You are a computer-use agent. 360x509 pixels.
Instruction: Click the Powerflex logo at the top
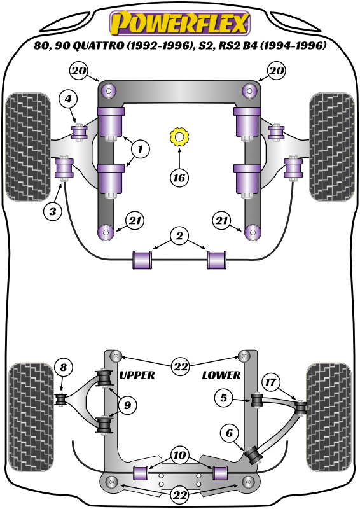click(180, 24)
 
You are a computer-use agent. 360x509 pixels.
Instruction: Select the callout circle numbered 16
click(179, 178)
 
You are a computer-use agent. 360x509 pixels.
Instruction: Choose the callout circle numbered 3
click(53, 211)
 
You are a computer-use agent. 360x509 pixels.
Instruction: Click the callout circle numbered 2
click(179, 237)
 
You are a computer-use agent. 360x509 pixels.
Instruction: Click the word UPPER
click(137, 375)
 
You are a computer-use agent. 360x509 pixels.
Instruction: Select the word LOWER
click(221, 375)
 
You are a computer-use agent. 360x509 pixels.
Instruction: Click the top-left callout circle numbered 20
click(80, 71)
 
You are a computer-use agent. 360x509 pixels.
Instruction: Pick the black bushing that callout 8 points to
click(62, 400)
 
